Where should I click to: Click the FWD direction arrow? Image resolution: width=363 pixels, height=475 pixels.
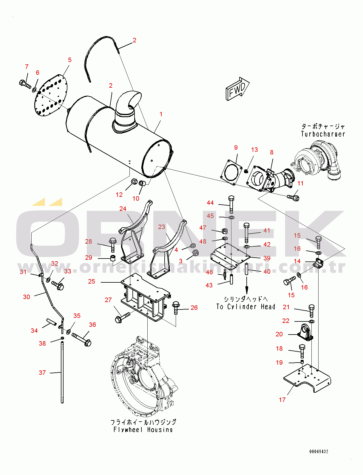pyautogui.click(x=237, y=89)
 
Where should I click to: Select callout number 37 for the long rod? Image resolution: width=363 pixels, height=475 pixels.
pyautogui.click(x=42, y=372)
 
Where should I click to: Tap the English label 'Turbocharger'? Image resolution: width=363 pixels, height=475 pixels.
pyautogui.click(x=323, y=134)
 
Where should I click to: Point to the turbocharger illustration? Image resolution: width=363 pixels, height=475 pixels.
pyautogui.click(x=317, y=161)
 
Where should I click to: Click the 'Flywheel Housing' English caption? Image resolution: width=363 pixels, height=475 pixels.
pyautogui.click(x=143, y=430)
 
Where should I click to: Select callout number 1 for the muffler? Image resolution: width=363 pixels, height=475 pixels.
pyautogui.click(x=161, y=114)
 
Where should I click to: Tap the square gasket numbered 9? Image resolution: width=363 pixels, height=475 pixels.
pyautogui.click(x=231, y=172)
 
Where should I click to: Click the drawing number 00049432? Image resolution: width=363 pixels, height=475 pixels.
pyautogui.click(x=319, y=451)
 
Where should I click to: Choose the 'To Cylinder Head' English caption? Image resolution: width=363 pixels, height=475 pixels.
pyautogui.click(x=245, y=307)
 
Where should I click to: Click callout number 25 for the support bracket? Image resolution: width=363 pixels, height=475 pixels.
pyautogui.click(x=92, y=281)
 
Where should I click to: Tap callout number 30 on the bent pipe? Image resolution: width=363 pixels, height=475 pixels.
pyautogui.click(x=27, y=297)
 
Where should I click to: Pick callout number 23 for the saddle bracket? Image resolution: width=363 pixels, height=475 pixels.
pyautogui.click(x=162, y=227)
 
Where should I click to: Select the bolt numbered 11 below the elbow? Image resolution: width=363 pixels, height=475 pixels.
pyautogui.click(x=293, y=197)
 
